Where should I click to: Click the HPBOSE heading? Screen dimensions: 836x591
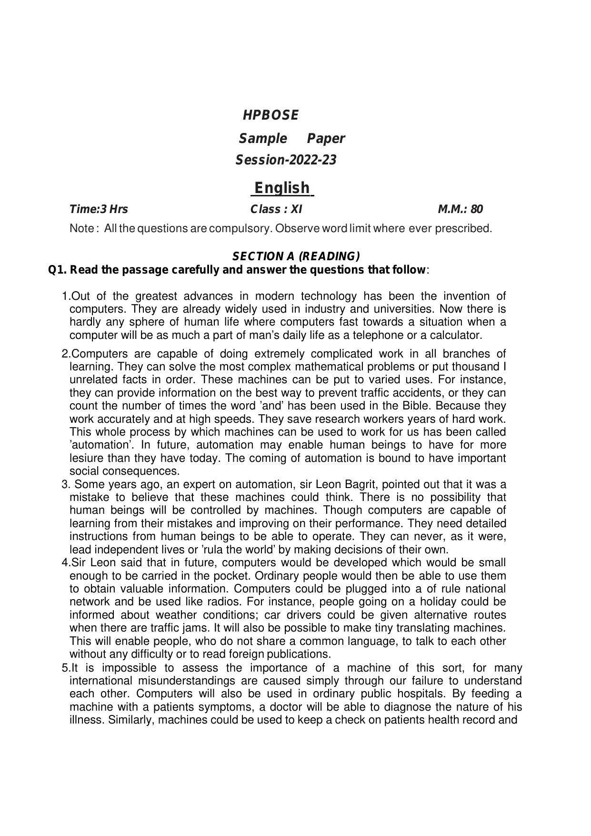click(270, 115)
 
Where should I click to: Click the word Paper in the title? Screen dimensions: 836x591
click(326, 139)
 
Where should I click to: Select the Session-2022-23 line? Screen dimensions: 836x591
click(286, 160)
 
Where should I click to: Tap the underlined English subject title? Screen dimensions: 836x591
click(282, 188)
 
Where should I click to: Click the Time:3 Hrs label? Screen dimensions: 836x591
click(99, 209)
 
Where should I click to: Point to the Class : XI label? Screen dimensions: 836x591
click(276, 209)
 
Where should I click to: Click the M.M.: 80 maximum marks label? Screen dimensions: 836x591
click(460, 209)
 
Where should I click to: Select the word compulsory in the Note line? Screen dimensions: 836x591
click(240, 228)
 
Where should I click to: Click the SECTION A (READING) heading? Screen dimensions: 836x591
click(296, 256)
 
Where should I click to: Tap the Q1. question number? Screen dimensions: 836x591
click(58, 270)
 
